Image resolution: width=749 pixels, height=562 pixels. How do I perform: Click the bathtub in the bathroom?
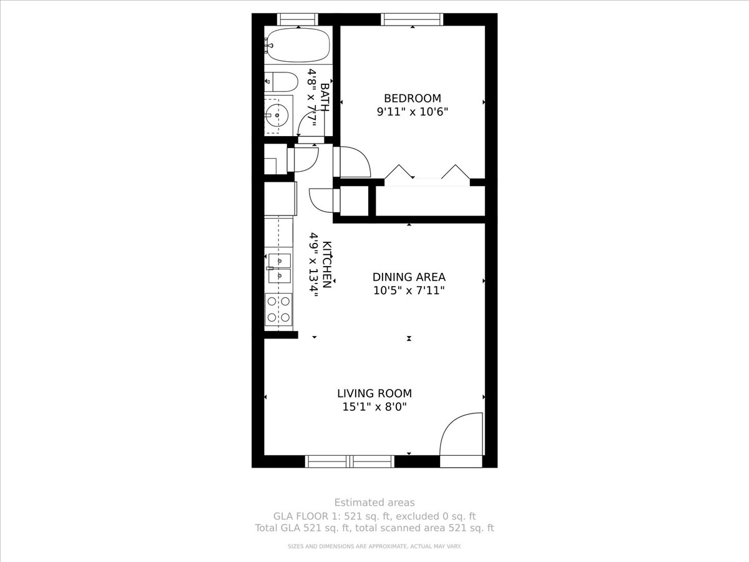point(297,45)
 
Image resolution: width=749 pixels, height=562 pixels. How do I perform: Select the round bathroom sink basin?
point(275,114)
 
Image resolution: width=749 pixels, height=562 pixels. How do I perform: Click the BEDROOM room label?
point(412,98)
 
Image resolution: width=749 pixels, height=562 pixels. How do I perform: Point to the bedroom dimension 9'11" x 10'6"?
point(412,112)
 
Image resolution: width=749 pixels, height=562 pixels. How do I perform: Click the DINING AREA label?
point(409,277)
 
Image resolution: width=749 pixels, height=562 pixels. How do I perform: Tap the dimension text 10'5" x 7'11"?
point(409,290)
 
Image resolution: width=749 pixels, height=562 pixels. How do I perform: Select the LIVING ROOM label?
point(374,393)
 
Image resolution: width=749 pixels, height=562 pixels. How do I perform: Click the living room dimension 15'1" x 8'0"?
point(374,407)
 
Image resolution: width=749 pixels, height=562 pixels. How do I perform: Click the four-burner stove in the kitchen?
point(278,309)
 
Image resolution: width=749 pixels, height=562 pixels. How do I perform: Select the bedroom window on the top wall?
point(412,19)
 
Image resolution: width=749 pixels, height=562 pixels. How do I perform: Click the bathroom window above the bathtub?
point(297,19)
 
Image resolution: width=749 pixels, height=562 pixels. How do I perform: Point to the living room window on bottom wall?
point(350,461)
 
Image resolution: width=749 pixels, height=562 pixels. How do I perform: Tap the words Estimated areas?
point(374,502)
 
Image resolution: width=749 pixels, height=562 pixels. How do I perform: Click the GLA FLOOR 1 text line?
point(374,516)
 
